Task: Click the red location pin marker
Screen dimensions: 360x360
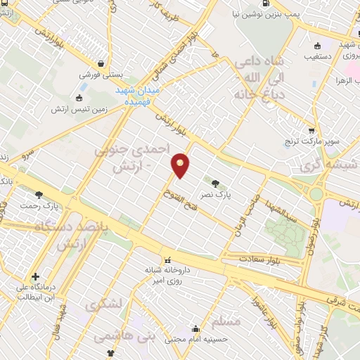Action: tap(181, 165)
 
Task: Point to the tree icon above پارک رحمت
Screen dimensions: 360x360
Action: tap(39, 195)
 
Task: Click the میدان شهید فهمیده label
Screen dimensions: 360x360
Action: tap(138, 95)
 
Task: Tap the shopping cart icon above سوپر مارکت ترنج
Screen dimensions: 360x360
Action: tap(311, 129)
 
